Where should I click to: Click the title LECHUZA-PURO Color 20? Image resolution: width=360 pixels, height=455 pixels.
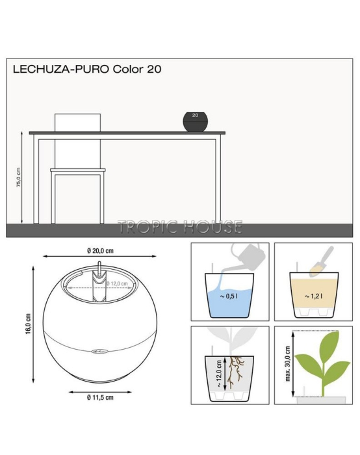pos(83,68)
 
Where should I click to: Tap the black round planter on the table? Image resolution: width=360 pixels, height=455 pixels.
pos(196,122)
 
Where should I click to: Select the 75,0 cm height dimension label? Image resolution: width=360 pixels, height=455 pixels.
pos(19,177)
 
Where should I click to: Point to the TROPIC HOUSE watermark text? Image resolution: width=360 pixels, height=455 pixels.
pos(180,227)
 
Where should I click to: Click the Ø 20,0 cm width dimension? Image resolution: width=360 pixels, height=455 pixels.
pos(100,250)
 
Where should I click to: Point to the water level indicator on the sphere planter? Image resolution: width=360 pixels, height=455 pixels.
pos(99,283)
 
